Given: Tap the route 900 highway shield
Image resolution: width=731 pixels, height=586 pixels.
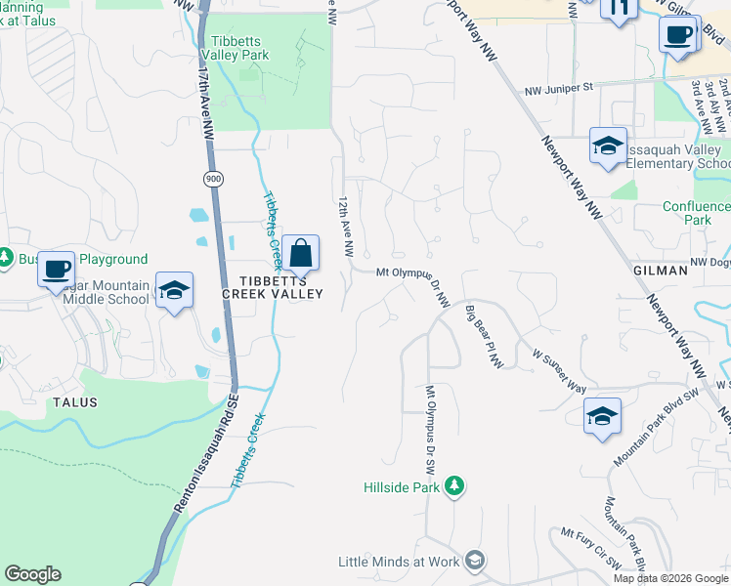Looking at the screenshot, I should pyautogui.click(x=212, y=179).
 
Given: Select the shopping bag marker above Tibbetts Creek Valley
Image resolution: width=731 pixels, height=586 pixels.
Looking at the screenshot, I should pyautogui.click(x=301, y=253).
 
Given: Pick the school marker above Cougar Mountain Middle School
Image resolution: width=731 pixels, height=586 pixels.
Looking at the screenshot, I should pyautogui.click(x=175, y=291).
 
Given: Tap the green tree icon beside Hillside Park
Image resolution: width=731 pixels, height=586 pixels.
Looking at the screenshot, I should pyautogui.click(x=453, y=485).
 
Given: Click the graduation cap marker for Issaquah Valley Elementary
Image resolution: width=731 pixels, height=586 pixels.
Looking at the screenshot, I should pyautogui.click(x=608, y=147).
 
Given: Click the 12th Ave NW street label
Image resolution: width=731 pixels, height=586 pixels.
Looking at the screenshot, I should pyautogui.click(x=345, y=224).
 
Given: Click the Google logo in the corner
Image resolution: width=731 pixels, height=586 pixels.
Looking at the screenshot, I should pyautogui.click(x=32, y=574).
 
